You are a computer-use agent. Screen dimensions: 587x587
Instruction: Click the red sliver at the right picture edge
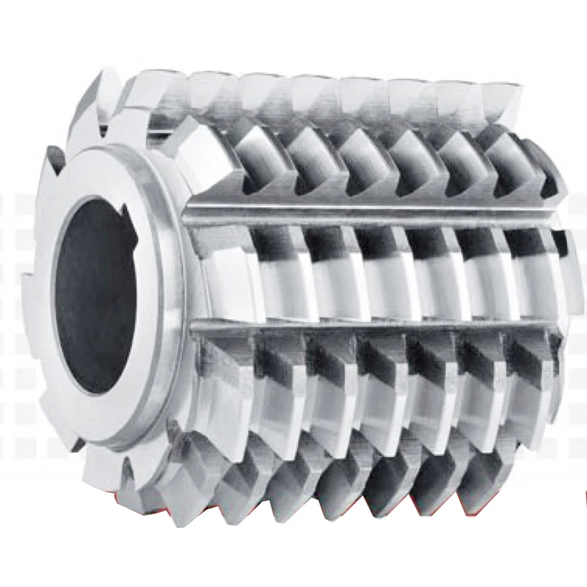pyautogui.click(x=585, y=499)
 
